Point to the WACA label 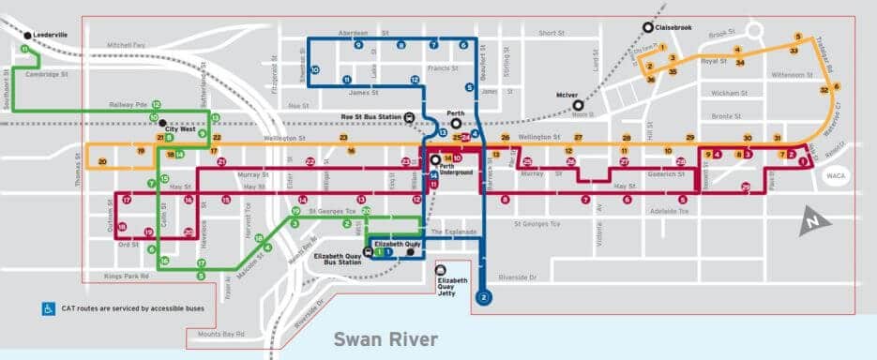pos(835,175)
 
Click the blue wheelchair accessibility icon pos(47,307)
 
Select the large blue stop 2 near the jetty pos(483,298)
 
